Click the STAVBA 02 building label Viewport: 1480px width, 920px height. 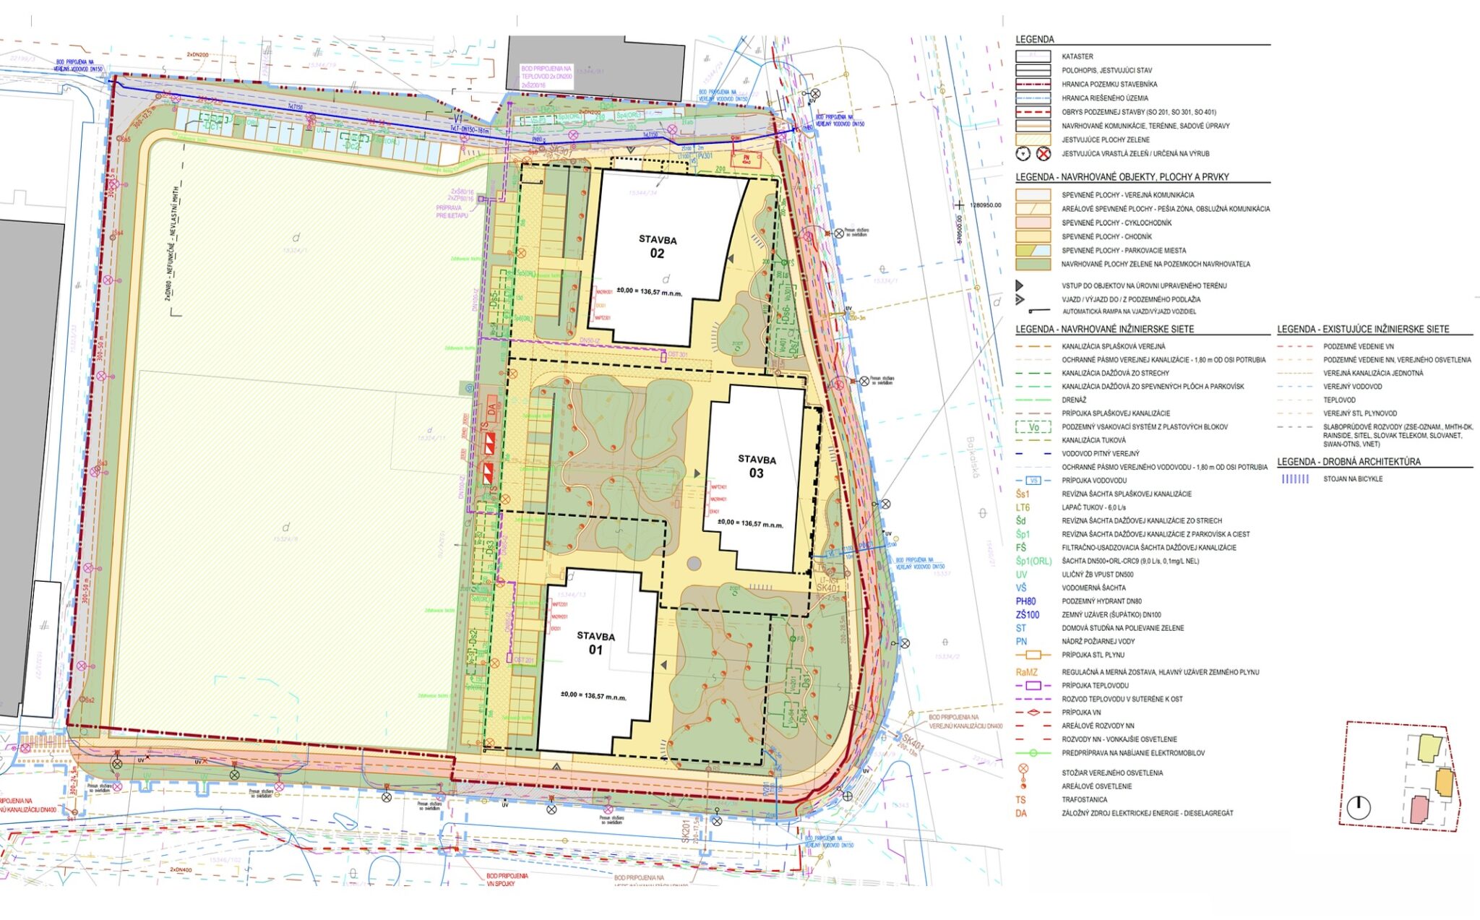[x=657, y=246]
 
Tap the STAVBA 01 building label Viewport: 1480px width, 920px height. [x=595, y=643]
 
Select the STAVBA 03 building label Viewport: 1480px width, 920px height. [x=757, y=466]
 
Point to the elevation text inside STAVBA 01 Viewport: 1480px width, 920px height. [x=593, y=696]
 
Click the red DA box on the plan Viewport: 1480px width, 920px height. [x=492, y=409]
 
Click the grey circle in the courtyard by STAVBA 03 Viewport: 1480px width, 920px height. [x=694, y=563]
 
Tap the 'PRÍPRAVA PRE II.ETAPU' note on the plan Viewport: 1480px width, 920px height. [x=452, y=212]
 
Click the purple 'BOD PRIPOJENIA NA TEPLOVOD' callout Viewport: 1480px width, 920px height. [x=546, y=76]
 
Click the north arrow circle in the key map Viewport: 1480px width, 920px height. [x=1359, y=807]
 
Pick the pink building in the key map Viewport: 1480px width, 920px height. [x=1420, y=809]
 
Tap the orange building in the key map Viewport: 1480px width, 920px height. [x=1444, y=782]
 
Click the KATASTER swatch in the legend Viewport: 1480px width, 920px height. [x=1033, y=56]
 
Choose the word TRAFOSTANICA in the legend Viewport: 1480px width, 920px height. [x=1084, y=800]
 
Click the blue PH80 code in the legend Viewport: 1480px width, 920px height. [x=1025, y=601]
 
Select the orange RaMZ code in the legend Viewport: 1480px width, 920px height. [x=1026, y=672]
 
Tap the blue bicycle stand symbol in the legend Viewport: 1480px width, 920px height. [x=1294, y=479]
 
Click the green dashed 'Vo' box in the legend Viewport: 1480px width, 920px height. [x=1033, y=427]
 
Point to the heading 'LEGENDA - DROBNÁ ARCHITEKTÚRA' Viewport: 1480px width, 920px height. [x=1348, y=462]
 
